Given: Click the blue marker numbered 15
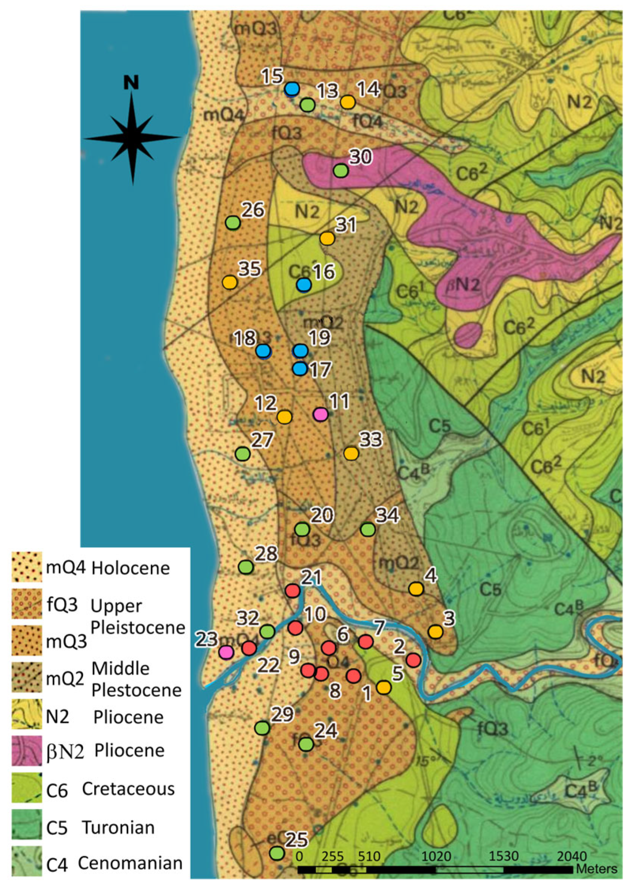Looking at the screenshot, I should [292, 89].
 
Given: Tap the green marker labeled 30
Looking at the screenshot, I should [341, 170].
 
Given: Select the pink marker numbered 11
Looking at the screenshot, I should [321, 414].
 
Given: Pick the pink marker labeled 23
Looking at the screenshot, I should [226, 652].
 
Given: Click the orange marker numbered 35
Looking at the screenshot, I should [229, 282].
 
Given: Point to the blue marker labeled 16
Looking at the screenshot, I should [304, 285].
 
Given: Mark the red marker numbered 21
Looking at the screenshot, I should [292, 591].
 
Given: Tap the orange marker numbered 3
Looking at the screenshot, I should [436, 632].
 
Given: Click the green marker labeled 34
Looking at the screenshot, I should [368, 529].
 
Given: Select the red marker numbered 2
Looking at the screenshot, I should [413, 661].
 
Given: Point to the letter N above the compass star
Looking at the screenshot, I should [131, 83].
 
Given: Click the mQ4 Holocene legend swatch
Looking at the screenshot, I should [26, 567].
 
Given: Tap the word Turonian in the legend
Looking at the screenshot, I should [118, 827].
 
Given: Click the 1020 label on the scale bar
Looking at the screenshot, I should [436, 856].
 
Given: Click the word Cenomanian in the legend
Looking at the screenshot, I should [130, 863].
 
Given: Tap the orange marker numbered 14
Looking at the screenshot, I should [348, 102].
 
